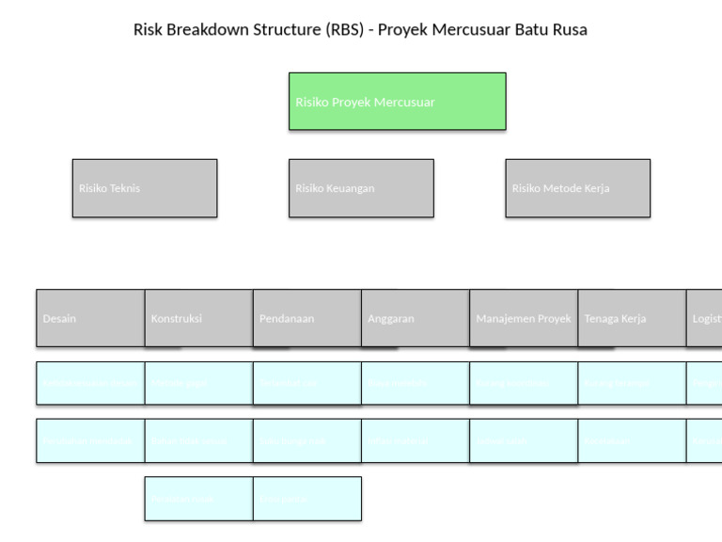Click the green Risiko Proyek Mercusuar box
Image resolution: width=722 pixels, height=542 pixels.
pyautogui.click(x=397, y=102)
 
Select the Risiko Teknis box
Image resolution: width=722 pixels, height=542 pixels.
pyautogui.click(x=145, y=188)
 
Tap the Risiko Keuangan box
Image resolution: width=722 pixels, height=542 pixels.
pyautogui.click(x=361, y=188)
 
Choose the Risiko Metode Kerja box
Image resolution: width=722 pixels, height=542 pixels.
pyautogui.click(x=577, y=188)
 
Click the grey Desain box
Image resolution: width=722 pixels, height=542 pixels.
pyautogui.click(x=90, y=318)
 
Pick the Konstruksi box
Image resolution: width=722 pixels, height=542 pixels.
pyautogui.click(x=198, y=318)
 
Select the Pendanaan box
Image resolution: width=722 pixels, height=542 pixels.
pyautogui.click(x=306, y=318)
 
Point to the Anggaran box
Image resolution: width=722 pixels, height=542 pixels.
pyautogui.click(x=415, y=318)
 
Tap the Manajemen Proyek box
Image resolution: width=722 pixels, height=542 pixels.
pyautogui.click(x=524, y=318)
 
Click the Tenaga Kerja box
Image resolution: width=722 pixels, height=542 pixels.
pyautogui.click(x=632, y=318)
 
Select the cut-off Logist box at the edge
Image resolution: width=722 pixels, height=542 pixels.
pyautogui.click(x=705, y=318)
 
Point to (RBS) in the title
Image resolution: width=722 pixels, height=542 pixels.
pyautogui.click(x=344, y=29)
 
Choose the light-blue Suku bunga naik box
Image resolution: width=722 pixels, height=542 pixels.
pyautogui.click(x=306, y=441)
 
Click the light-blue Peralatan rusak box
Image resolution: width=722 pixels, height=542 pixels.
pyautogui.click(x=198, y=499)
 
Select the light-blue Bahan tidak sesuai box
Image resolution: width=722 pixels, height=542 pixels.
pyautogui.click(x=198, y=441)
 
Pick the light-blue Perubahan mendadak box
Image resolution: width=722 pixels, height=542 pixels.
pyautogui.click(x=90, y=441)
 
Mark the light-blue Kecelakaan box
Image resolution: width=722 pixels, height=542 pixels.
pyautogui.click(x=632, y=441)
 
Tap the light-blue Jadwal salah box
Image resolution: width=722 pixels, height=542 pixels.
pyautogui.click(x=524, y=441)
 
